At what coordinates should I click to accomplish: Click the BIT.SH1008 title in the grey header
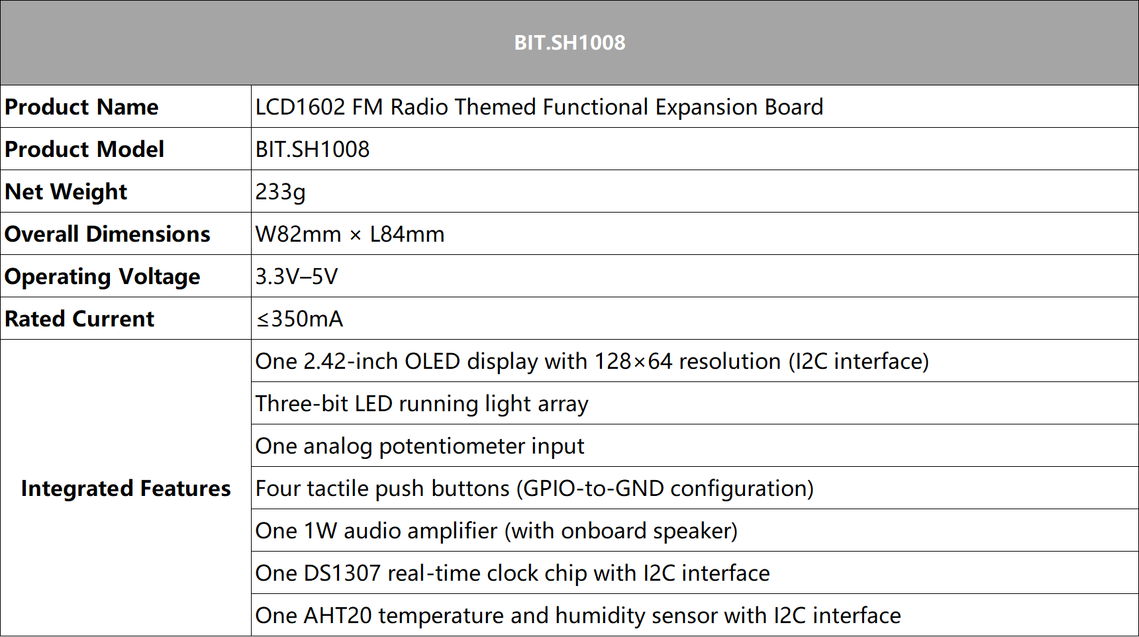569,42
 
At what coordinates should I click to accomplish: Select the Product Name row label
81,107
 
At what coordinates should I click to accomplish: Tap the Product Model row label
84,149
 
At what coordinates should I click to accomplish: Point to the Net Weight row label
66,192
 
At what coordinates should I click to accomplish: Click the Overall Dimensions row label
107,234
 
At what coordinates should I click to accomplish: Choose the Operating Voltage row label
102,277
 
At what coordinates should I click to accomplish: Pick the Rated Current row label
79,318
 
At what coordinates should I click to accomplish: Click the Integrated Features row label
126,488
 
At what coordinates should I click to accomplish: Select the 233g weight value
280,192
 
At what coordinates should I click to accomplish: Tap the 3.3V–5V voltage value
297,276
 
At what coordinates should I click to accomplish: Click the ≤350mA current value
300,318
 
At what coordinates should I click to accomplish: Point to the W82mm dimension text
298,234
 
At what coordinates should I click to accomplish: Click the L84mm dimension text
407,234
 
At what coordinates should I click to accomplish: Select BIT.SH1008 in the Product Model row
313,149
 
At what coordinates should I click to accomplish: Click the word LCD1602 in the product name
300,107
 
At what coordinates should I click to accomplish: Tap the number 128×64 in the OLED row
633,361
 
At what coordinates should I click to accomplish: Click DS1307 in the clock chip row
342,573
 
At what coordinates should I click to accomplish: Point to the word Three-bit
301,403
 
